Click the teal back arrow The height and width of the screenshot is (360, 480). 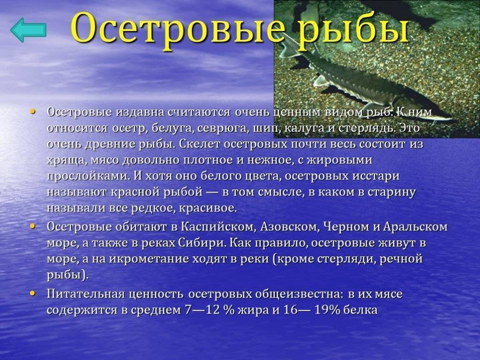pyautogui.click(x=28, y=30)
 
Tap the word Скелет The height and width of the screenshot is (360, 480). pyautogui.click(x=200, y=144)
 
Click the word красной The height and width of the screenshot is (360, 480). pyautogui.click(x=135, y=192)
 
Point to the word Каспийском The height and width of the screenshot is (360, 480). pyautogui.click(x=219, y=227)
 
